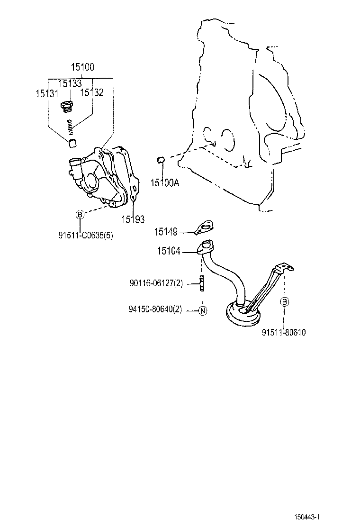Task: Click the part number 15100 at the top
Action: (x=82, y=67)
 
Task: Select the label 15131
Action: (x=47, y=93)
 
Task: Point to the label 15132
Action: (x=92, y=93)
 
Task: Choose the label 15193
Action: (x=133, y=218)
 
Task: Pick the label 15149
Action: (x=166, y=232)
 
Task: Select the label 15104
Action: (x=169, y=251)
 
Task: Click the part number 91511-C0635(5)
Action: (x=79, y=234)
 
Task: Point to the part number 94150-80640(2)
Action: (x=155, y=310)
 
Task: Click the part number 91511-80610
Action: (x=283, y=332)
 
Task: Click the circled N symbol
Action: (x=202, y=311)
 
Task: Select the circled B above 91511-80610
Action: (x=284, y=302)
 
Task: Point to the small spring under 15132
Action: (x=71, y=126)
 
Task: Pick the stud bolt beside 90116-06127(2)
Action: (x=202, y=283)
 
